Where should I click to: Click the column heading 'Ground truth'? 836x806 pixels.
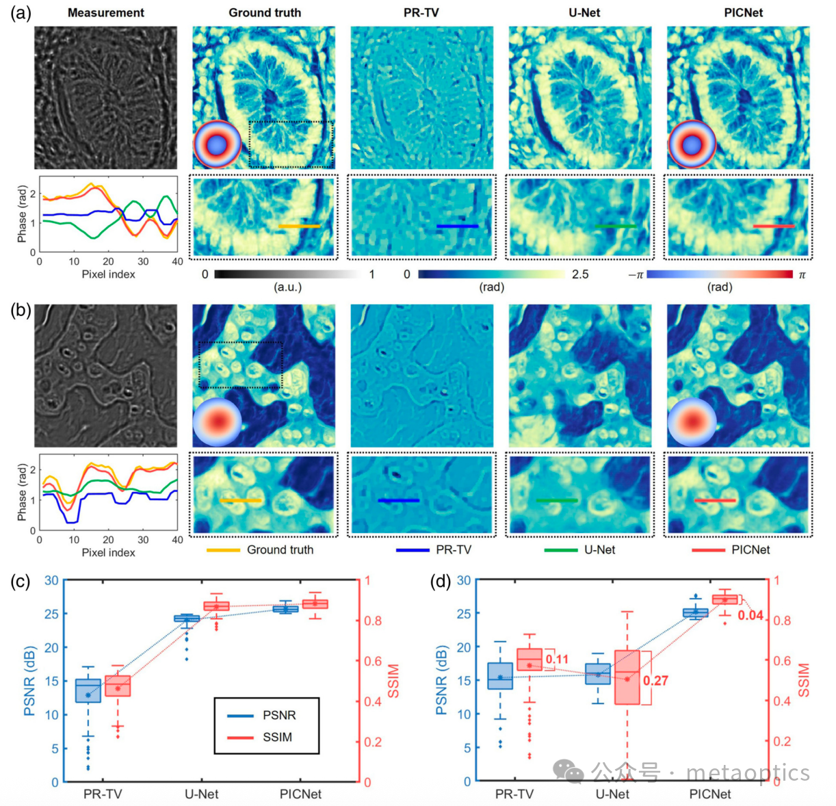pos(264,12)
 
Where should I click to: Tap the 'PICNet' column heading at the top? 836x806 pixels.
pos(743,12)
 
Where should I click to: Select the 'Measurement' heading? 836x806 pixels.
pos(106,12)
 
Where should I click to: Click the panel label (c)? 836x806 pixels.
pos(21,582)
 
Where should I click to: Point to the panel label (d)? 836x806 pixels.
pos(440,582)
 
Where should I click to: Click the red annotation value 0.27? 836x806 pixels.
pos(655,681)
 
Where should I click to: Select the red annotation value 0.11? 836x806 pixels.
pos(558,660)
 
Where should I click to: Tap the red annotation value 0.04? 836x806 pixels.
pos(750,615)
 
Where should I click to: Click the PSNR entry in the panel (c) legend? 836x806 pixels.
pos(279,715)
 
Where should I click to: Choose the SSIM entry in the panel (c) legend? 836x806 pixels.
pos(277,737)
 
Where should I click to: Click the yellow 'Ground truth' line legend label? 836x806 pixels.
pos(280,549)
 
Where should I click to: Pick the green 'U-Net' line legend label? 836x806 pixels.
pos(599,549)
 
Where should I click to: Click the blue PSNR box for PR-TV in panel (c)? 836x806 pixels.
pos(88,690)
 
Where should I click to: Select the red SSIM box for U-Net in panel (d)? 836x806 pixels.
pos(627,677)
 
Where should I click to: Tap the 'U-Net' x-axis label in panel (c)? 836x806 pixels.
pos(202,794)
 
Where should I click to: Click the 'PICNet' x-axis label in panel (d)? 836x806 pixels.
pos(709,794)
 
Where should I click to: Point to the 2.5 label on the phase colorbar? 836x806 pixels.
pos(580,274)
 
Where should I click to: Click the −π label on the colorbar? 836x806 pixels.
pos(636,274)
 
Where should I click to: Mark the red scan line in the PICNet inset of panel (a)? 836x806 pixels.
pos(774,226)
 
